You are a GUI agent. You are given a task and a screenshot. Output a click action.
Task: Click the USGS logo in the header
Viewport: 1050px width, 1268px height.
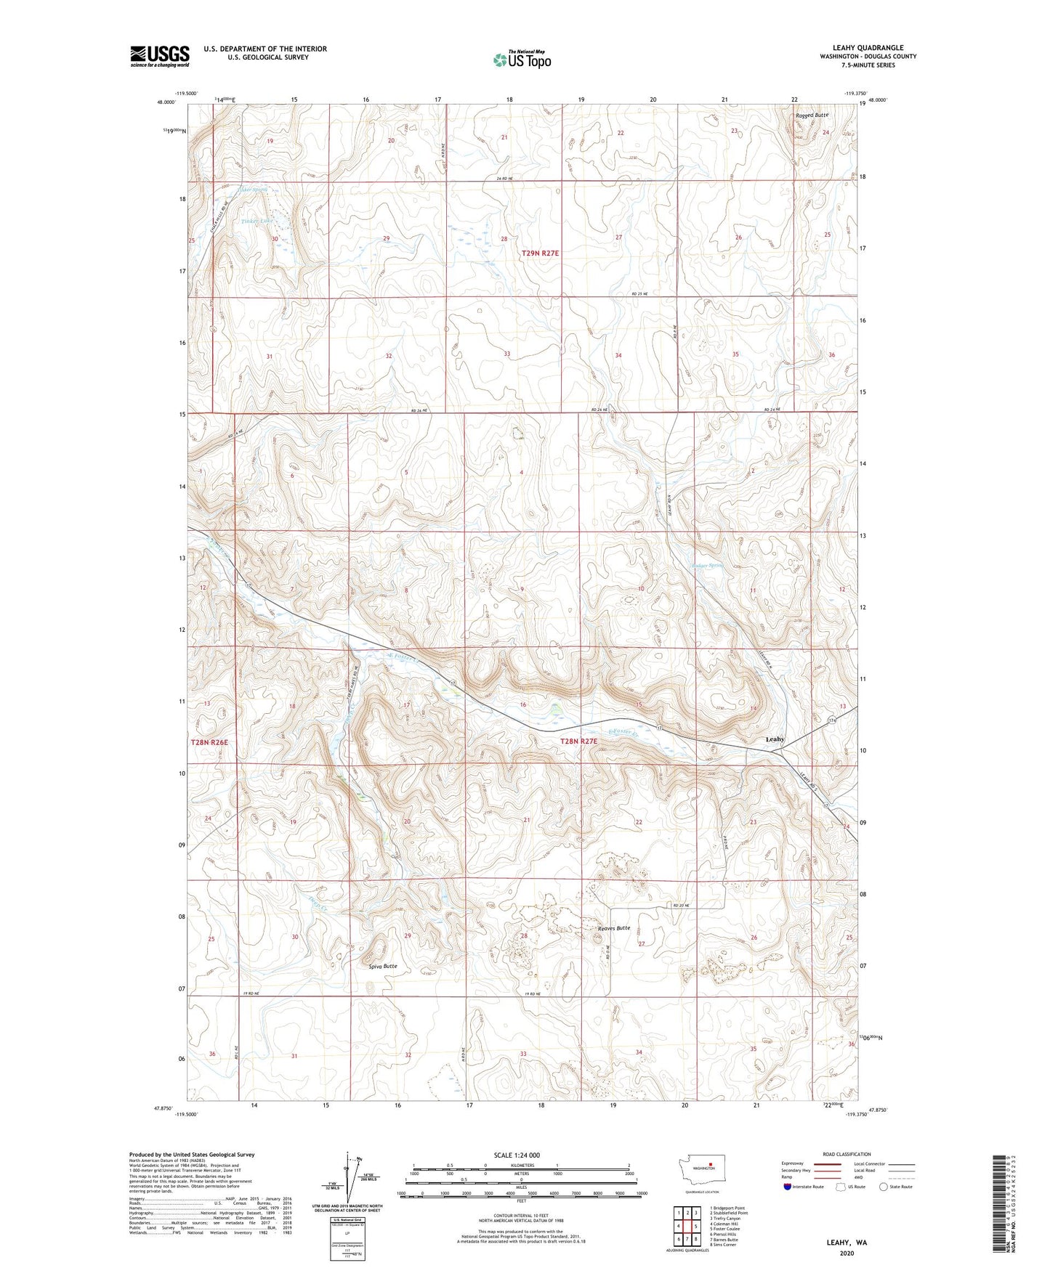click(x=160, y=56)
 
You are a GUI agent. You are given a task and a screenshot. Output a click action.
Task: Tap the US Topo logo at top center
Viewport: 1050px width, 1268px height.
click(x=522, y=60)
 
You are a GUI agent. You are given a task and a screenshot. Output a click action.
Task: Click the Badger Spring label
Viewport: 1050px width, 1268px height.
click(x=707, y=564)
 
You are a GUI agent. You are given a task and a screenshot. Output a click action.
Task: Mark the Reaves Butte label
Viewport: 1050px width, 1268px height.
click(x=613, y=928)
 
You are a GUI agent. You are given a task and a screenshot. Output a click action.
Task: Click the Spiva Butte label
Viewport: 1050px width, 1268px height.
click(x=383, y=966)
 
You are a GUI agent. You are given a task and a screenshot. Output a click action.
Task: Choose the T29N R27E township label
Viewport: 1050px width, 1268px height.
click(x=541, y=253)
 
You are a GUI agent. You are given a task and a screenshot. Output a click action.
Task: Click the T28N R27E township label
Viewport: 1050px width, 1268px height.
click(x=579, y=741)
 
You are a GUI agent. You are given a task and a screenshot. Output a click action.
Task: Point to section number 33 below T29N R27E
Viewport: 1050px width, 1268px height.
click(x=507, y=354)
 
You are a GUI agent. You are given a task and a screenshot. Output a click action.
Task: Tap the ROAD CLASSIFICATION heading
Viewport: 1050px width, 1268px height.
click(x=847, y=1154)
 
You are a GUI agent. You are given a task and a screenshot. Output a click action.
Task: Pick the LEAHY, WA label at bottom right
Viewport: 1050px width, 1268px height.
click(x=847, y=1243)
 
